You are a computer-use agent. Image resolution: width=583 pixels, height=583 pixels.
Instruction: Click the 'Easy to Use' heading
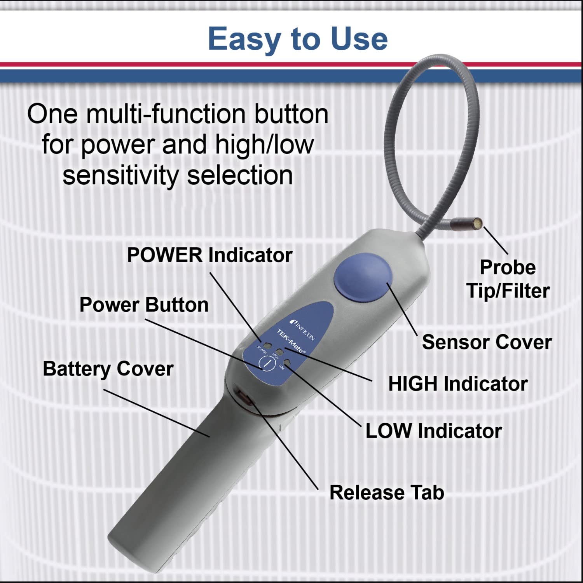point(298,39)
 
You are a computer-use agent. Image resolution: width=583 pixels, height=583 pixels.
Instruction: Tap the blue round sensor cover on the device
point(363,276)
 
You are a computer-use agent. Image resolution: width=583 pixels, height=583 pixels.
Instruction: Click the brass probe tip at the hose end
point(478,223)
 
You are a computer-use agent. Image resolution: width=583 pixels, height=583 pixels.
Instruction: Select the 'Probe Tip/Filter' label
point(508,279)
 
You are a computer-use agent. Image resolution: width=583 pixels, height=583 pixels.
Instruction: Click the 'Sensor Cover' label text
point(487,342)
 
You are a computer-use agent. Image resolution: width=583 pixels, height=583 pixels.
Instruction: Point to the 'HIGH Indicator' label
point(457,384)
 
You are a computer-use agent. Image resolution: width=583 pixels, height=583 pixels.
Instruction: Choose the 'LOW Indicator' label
point(433,431)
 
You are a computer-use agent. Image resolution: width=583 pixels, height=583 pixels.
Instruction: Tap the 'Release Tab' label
point(386,492)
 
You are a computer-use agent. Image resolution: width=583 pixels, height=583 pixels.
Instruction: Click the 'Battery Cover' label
point(108,368)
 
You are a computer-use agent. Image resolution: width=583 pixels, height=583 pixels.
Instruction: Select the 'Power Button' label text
point(144,305)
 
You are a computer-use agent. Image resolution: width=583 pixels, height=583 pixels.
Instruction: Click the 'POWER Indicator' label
point(209,255)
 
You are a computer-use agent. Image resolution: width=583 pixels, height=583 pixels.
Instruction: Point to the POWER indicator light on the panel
point(267,345)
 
